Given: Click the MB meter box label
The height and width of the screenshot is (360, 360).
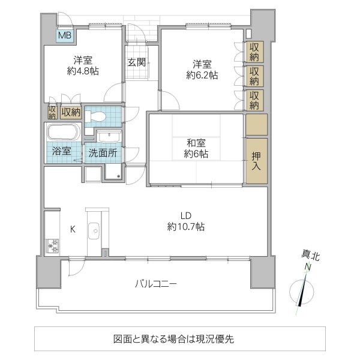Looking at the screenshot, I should tap(64, 35).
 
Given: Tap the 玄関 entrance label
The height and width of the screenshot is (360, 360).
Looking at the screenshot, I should tap(135, 62).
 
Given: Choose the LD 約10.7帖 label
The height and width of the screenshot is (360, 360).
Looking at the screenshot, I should tap(186, 221).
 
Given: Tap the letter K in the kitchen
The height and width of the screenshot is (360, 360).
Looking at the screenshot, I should tap(73, 229).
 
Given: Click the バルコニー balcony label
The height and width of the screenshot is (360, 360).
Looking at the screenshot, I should tap(155, 284).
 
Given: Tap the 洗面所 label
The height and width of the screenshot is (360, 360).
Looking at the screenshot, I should tap(103, 152).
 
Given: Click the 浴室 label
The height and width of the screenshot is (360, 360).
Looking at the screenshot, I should tap(61, 152).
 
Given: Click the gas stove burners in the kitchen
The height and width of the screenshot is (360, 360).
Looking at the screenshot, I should tap(51, 245).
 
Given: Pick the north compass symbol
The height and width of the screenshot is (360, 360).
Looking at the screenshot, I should tap(305, 292).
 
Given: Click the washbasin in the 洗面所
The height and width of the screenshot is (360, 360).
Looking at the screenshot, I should tap(109, 136).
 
